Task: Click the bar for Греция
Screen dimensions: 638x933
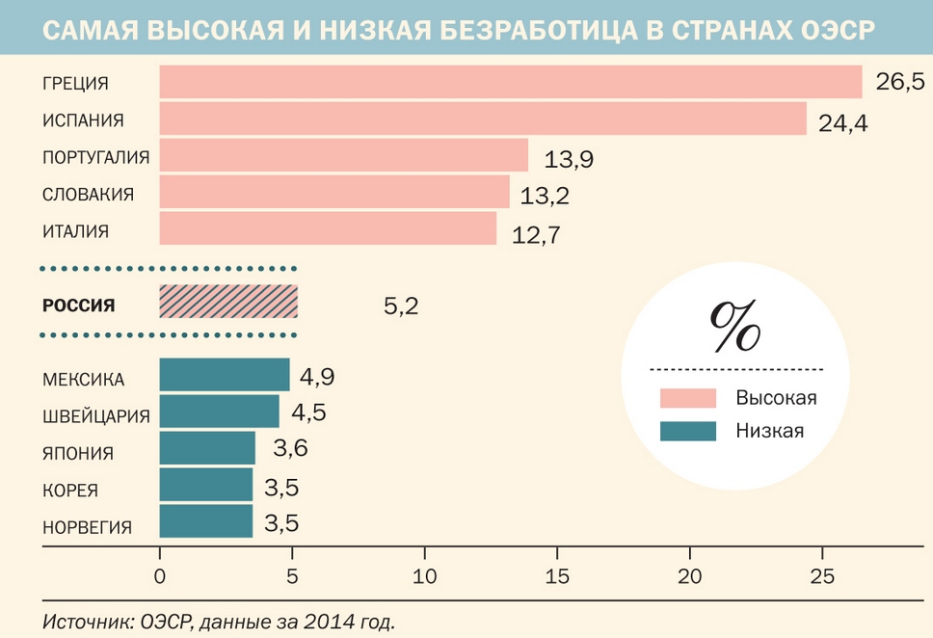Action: pos(510,82)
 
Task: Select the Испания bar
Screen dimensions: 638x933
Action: pos(482,120)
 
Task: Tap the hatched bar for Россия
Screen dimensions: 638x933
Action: pos(228,303)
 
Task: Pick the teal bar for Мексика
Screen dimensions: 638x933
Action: pos(224,375)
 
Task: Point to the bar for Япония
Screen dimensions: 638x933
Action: pos(207,449)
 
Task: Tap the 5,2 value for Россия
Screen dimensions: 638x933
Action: pos(401,306)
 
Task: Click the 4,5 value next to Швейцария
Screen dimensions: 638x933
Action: pos(308,412)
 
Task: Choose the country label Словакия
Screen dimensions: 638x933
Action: pos(88,195)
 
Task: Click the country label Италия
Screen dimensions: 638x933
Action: pos(75,231)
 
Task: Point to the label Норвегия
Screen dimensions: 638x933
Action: pos(87,526)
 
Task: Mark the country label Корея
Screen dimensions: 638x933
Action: pos(70,490)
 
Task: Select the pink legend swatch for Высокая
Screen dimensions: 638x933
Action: pos(688,398)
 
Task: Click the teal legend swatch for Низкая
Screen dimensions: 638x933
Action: pos(688,431)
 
